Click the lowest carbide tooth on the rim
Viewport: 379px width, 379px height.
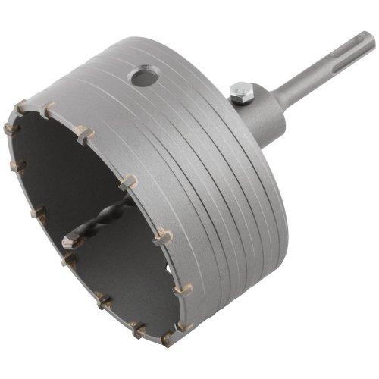tap(165, 340)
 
